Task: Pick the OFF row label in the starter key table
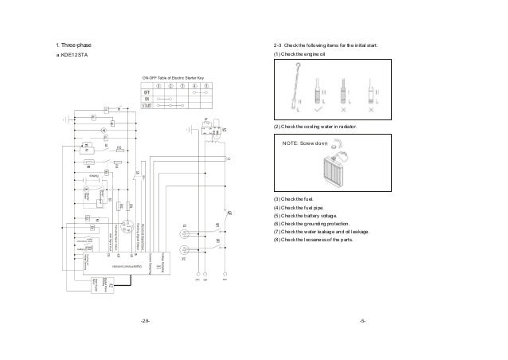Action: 147,92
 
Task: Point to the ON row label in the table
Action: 147,98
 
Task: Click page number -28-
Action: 144,321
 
